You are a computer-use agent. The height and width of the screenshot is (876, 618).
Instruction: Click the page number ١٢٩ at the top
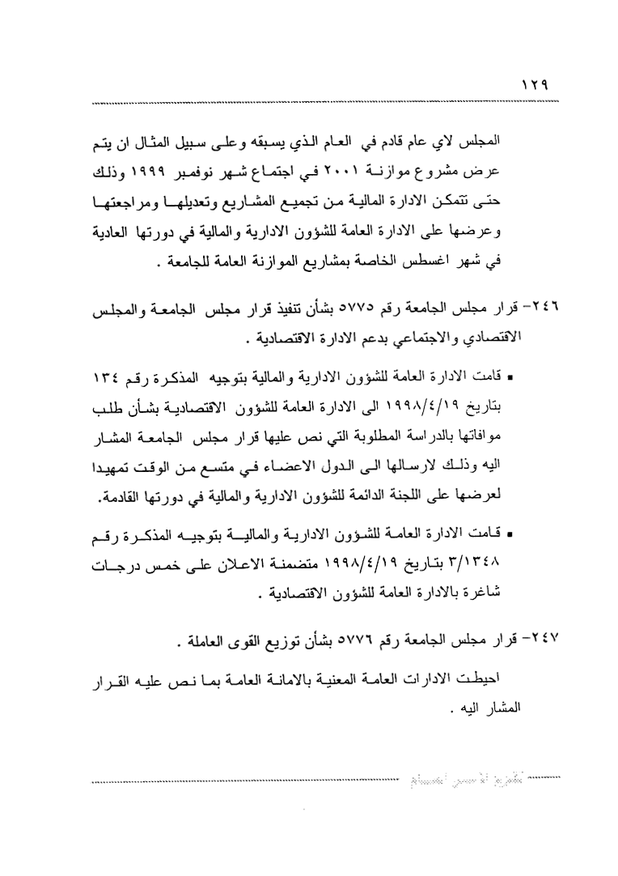535,84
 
